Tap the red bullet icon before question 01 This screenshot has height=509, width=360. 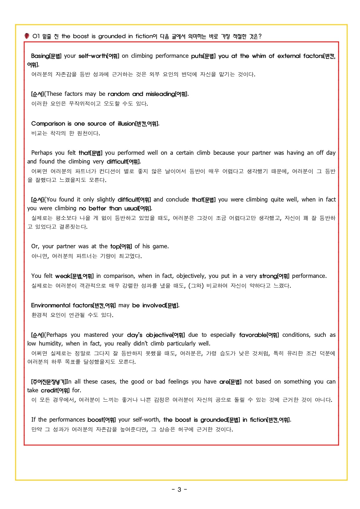pyautogui.click(x=27, y=36)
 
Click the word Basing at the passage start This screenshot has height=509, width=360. pyautogui.click(x=40, y=56)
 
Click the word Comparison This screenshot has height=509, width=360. pyautogui.click(x=48, y=123)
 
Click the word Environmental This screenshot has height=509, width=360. pyautogui.click(x=51, y=305)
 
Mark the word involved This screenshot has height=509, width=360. pyautogui.click(x=154, y=305)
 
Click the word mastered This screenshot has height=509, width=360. pyautogui.click(x=96, y=335)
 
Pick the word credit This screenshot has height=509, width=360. pyautogui.click(x=49, y=390)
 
